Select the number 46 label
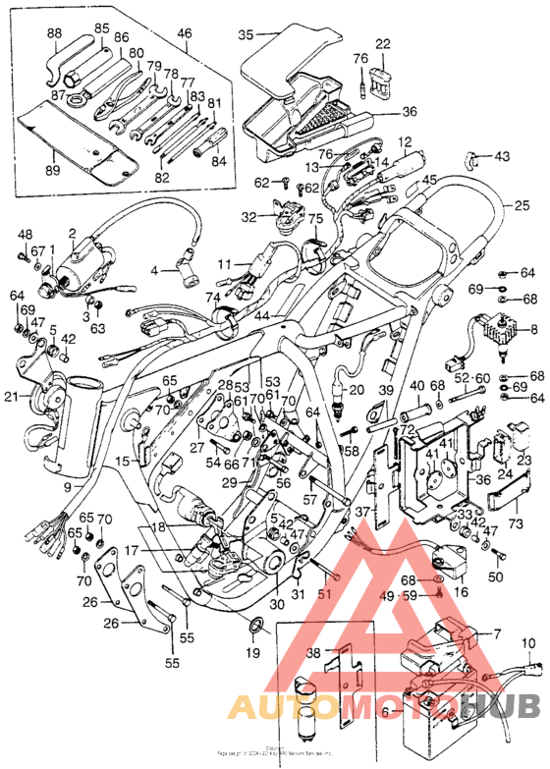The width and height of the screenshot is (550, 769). click(184, 32)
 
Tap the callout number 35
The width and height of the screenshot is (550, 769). click(247, 34)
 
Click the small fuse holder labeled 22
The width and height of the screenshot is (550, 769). click(382, 78)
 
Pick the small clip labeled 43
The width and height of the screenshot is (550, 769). click(474, 157)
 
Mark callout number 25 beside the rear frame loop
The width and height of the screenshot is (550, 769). click(522, 206)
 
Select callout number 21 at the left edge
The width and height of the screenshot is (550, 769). click(11, 396)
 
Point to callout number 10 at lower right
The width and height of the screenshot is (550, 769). click(528, 644)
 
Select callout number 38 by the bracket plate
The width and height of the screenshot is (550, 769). click(313, 653)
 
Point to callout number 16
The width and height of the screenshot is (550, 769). click(461, 591)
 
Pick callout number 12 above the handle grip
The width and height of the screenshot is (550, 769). click(405, 141)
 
